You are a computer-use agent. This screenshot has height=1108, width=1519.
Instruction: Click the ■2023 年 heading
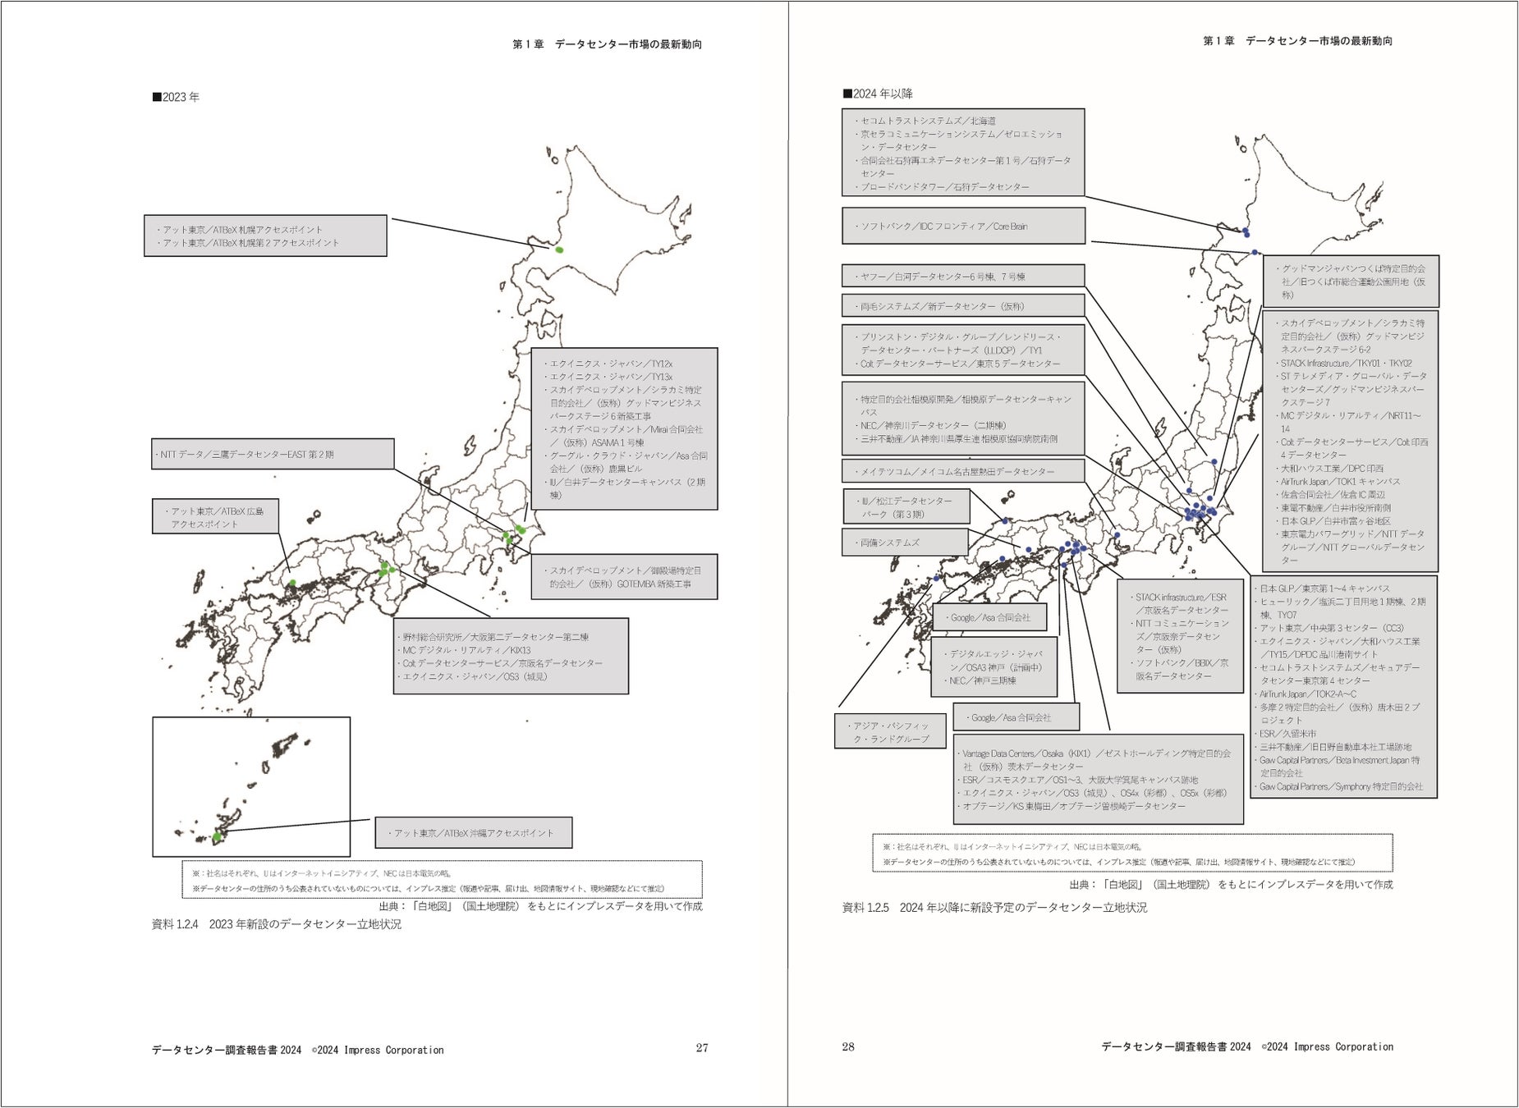point(176,97)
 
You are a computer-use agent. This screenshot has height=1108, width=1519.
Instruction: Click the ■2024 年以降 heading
point(878,94)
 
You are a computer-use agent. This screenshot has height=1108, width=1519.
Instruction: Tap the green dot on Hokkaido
point(559,250)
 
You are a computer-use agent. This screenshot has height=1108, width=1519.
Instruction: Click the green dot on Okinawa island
point(218,837)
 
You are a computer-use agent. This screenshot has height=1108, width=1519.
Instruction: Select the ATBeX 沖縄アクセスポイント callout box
point(474,833)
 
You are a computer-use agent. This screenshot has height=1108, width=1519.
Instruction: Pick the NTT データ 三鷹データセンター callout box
point(273,454)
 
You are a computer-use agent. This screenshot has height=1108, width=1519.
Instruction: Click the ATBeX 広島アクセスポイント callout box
point(215,517)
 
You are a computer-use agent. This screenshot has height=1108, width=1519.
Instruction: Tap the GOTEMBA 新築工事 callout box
point(624,577)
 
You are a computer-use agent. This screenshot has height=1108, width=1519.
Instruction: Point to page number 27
point(702,1048)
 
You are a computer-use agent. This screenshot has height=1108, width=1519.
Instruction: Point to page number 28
point(848,1046)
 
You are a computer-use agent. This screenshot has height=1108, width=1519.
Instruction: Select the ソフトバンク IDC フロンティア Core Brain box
point(963,226)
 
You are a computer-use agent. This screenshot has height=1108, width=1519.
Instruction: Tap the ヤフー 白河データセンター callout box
point(963,277)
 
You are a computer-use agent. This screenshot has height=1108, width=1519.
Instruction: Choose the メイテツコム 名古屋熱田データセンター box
point(963,471)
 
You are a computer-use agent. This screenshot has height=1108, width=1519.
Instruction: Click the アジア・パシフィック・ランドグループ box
point(891,732)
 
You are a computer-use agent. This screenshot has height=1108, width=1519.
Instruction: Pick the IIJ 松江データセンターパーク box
point(906,507)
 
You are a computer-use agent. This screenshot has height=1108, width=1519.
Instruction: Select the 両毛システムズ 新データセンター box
point(963,306)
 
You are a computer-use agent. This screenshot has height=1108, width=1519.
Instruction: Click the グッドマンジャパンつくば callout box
point(1351,282)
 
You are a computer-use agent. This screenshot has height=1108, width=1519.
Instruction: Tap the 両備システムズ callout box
point(905,543)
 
